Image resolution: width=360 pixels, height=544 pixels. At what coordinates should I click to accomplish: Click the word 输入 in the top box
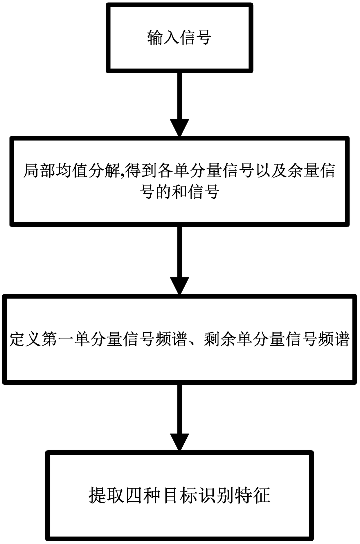click(x=163, y=38)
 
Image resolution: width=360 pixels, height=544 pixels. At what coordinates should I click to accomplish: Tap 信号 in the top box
click(x=195, y=38)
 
